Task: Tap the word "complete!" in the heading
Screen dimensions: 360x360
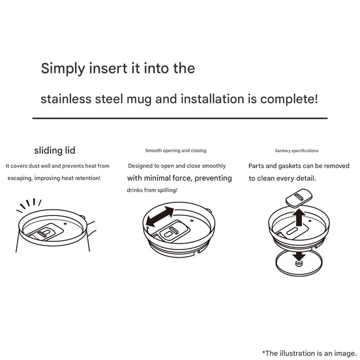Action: point(289,99)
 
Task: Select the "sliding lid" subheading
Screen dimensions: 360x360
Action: point(55,151)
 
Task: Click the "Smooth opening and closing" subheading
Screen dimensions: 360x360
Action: point(176,151)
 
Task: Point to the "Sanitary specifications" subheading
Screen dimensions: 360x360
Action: point(297,151)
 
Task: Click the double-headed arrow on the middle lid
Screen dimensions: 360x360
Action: point(160,217)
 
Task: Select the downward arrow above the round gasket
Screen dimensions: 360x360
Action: point(299,256)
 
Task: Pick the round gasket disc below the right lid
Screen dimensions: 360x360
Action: point(299,263)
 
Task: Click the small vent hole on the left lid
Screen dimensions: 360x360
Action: point(65,224)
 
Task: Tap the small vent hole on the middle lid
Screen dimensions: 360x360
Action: point(192,221)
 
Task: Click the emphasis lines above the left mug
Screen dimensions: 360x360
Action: point(29,205)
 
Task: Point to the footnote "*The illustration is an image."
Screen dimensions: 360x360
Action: point(309,353)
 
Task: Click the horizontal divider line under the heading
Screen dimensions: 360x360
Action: point(180,118)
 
